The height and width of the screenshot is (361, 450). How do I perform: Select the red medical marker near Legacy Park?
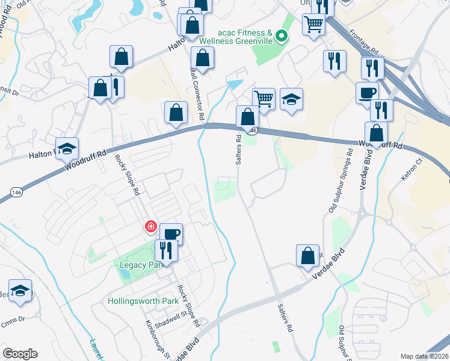tap(150, 227)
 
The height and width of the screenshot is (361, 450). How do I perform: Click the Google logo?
tap(20, 354)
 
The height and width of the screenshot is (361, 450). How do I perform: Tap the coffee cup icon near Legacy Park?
tap(171, 233)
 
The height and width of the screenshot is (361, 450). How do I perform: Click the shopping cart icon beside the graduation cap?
tap(264, 98)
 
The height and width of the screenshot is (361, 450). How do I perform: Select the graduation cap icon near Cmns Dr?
tap(20, 291)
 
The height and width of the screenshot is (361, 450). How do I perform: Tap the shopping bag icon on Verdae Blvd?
tap(307, 255)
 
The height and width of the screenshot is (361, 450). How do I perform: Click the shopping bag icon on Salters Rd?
tap(247, 116)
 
